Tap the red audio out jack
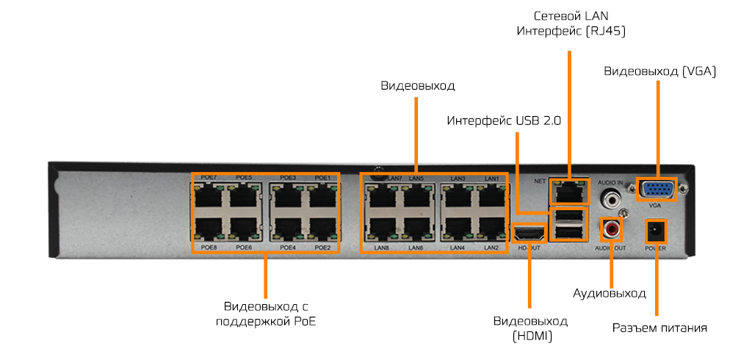click(611, 229)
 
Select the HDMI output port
click(529, 234)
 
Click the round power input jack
click(655, 232)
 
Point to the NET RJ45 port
click(570, 192)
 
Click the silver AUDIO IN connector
click(611, 198)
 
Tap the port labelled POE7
click(211, 197)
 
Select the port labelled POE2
click(321, 229)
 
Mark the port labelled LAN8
click(380, 229)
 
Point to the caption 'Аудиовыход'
click(610, 293)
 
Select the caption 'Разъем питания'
click(659, 328)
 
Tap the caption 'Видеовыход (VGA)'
click(659, 71)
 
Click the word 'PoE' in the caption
click(305, 321)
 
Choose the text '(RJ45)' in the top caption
click(607, 31)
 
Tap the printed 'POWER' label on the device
click(654, 248)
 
